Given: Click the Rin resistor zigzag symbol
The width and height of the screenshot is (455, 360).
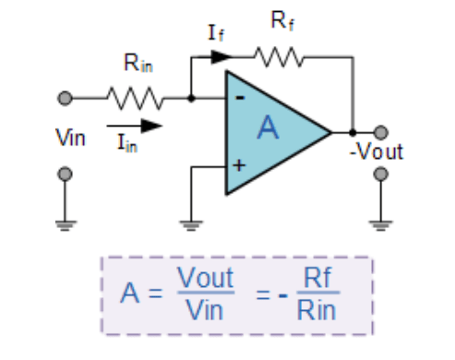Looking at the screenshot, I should point(135,96).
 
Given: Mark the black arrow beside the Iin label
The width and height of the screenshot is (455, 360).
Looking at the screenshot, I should point(137,123).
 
